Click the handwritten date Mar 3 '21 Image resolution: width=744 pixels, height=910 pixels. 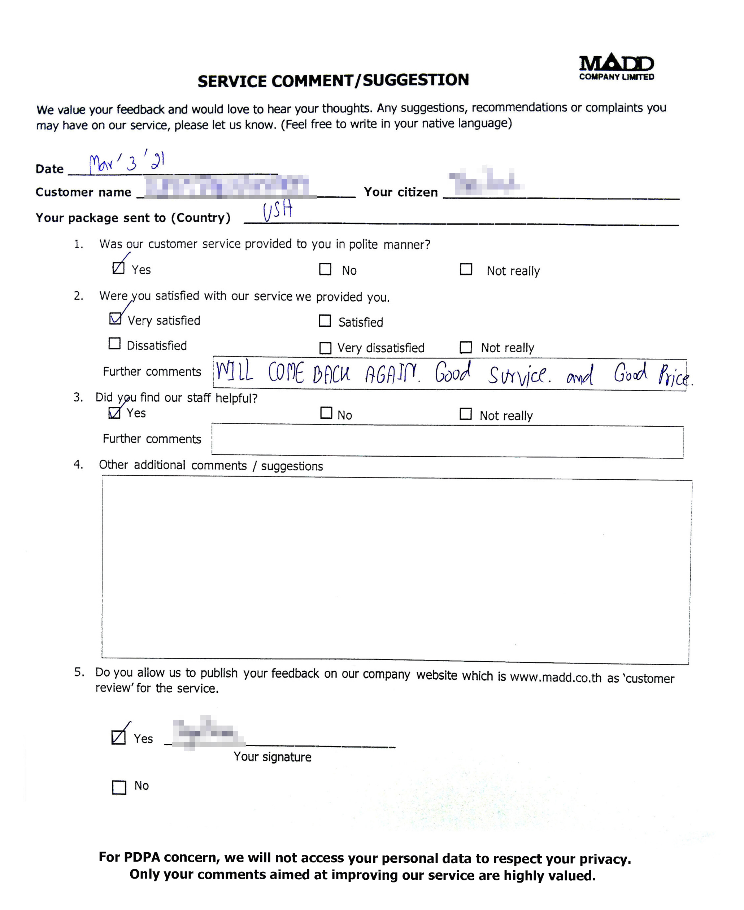[x=127, y=162]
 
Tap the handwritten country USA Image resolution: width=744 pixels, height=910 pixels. [x=278, y=210]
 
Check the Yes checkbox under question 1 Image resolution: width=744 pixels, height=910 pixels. [x=118, y=268]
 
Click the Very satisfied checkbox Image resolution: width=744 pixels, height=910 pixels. [x=115, y=319]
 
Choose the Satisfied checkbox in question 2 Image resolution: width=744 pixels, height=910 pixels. [x=325, y=321]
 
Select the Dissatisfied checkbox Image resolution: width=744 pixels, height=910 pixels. [x=114, y=344]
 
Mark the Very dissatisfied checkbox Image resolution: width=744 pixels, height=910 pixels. [x=325, y=348]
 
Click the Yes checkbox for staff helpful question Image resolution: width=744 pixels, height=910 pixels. [x=114, y=413]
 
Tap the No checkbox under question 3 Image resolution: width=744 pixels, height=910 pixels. [x=326, y=413]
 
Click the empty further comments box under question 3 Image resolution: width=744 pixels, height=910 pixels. [x=447, y=441]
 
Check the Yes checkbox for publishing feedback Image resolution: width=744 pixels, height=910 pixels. [x=118, y=737]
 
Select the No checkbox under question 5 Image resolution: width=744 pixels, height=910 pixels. [x=119, y=787]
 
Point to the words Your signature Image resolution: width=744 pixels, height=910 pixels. [x=272, y=757]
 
